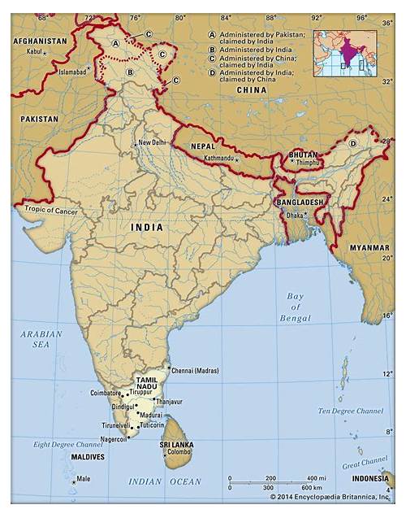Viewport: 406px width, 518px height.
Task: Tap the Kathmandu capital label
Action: (218, 158)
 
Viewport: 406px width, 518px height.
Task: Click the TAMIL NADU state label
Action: (147, 383)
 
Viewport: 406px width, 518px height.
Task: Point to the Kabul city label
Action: (33, 51)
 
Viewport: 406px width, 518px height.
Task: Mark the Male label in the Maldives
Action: (84, 479)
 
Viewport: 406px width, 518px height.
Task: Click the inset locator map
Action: (345, 53)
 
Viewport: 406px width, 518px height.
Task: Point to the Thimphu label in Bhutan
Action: (308, 163)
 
